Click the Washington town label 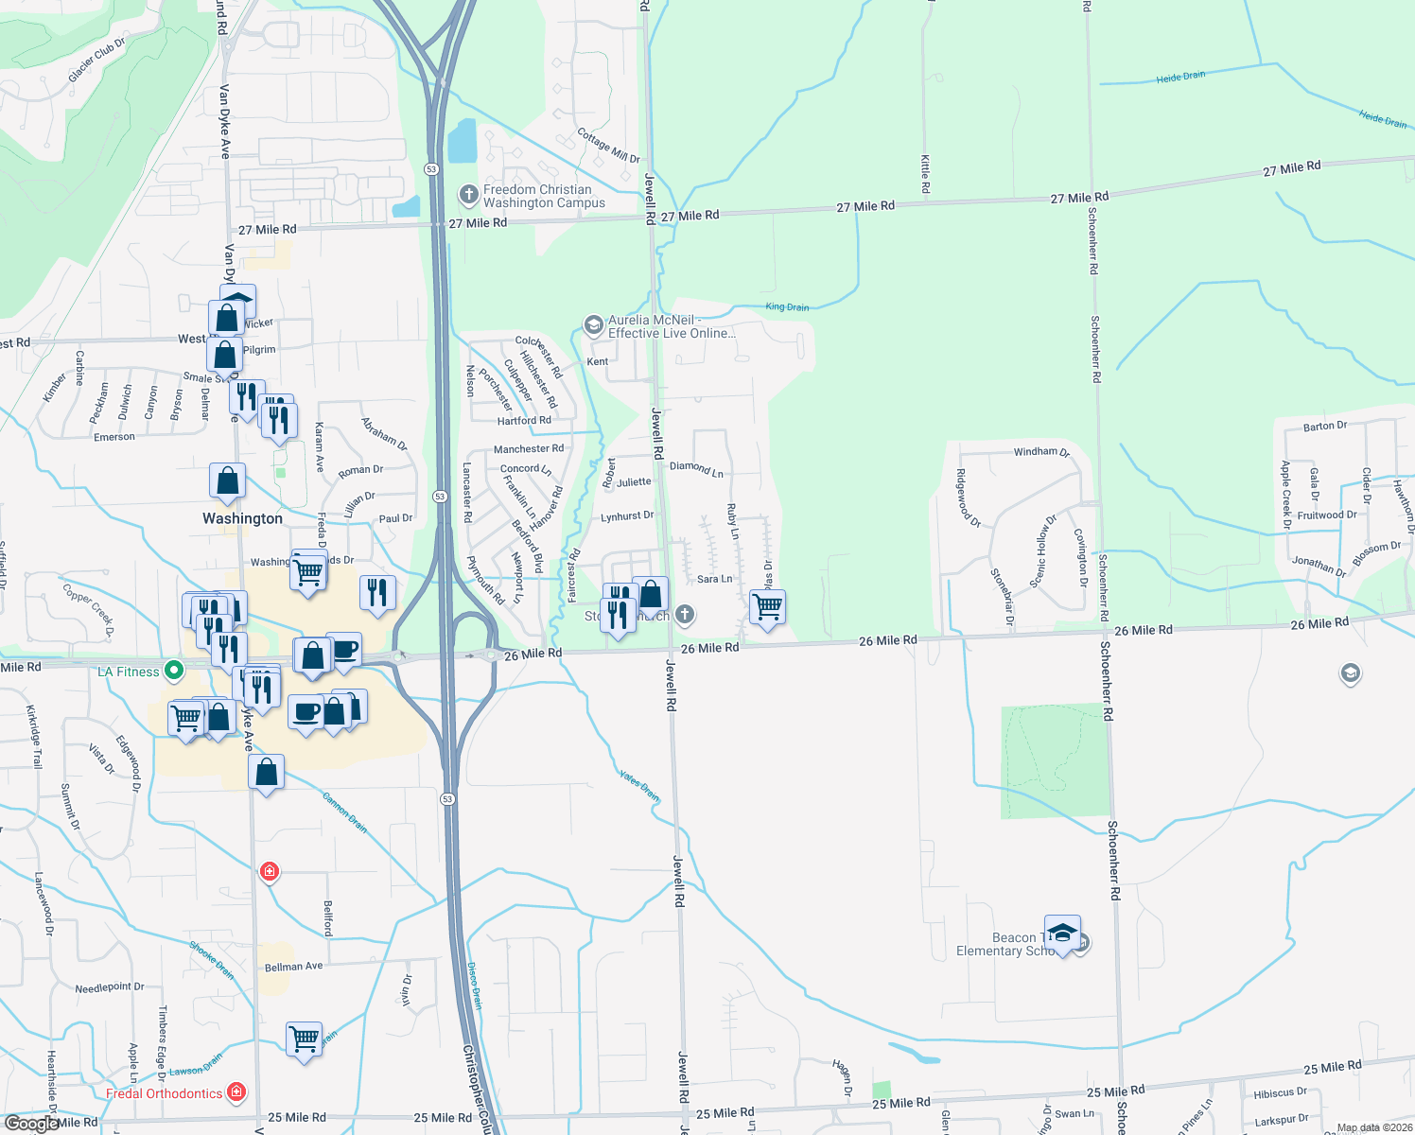point(242,518)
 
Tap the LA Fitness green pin point(174,672)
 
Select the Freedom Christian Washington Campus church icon point(468,195)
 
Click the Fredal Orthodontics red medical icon point(236,1092)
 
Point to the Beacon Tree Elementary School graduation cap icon point(1062,933)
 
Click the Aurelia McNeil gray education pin point(593,326)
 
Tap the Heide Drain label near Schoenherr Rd point(1180,77)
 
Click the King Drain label point(787,306)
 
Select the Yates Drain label point(639,785)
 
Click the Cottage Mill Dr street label point(608,146)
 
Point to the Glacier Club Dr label point(96,60)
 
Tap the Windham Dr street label point(1041,452)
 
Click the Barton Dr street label point(1324,426)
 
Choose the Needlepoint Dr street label point(110,987)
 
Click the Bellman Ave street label point(293,967)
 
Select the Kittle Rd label point(925,174)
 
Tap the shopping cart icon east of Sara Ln point(767,606)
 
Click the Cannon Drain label point(344,812)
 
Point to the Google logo point(30,1124)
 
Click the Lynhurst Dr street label point(627,516)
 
